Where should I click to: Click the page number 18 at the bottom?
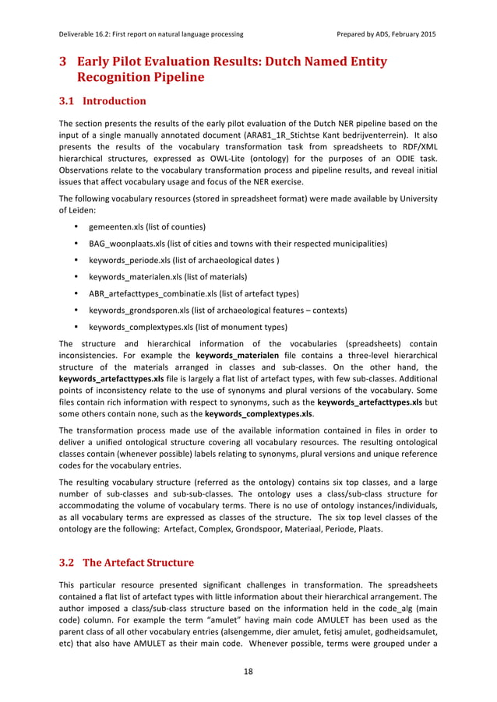point(248,670)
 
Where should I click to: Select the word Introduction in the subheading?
point(115,101)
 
